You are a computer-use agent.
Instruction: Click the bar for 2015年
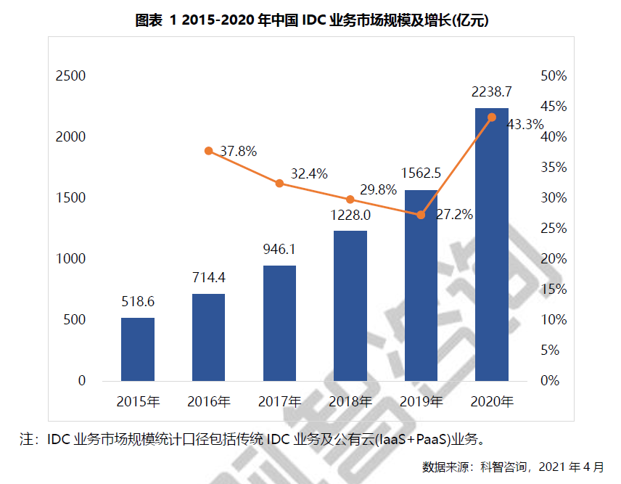[x=138, y=349]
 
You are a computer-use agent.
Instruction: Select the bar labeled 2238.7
[x=492, y=245]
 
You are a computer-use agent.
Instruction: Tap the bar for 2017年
[x=279, y=323]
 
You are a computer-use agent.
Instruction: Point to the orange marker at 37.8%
[x=209, y=151]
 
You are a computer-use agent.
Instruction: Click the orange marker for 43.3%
[x=492, y=118]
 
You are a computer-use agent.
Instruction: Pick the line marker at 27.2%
[x=421, y=215]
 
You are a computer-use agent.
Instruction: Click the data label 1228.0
[x=350, y=216]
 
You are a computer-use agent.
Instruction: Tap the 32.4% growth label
[x=309, y=174]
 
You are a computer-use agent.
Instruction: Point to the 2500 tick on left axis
[x=71, y=76]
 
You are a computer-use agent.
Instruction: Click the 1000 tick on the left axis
[x=71, y=259]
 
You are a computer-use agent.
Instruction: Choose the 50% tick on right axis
[x=554, y=76]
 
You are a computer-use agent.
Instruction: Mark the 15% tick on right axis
[x=554, y=290]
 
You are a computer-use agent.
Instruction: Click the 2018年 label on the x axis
[x=350, y=401]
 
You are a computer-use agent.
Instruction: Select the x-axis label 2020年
[x=492, y=401]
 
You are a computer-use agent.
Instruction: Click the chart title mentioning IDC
[x=312, y=21]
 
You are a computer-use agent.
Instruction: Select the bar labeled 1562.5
[x=421, y=285]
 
